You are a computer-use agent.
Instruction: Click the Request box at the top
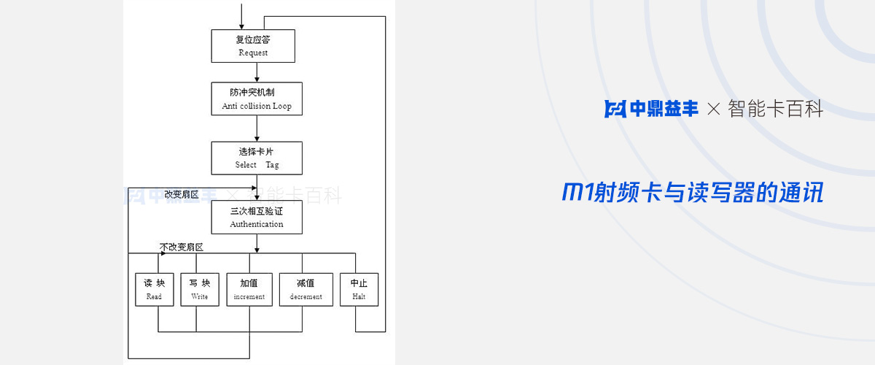tap(253, 46)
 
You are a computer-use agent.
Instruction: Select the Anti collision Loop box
tap(257, 99)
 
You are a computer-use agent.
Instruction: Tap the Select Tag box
tap(257, 158)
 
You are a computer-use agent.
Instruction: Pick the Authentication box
tap(257, 217)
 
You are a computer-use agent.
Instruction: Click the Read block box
tap(155, 289)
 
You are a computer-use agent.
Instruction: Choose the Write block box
tap(200, 289)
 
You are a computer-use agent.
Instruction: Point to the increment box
tap(249, 289)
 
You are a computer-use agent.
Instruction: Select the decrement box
tap(306, 289)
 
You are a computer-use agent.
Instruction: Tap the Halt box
tap(359, 289)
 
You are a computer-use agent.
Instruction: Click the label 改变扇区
tap(182, 194)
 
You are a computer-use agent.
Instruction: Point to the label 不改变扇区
tap(182, 247)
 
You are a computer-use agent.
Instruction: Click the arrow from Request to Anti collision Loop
tap(257, 72)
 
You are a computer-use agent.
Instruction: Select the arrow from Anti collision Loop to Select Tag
tap(257, 128)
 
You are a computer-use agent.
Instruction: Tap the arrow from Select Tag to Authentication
tap(257, 188)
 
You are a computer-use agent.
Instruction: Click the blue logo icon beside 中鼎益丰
tap(615, 109)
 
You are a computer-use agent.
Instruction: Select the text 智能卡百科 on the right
tap(776, 109)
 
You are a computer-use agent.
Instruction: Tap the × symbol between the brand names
tap(714, 109)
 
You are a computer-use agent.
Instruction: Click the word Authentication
tap(257, 224)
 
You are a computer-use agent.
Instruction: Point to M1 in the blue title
tap(579, 193)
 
